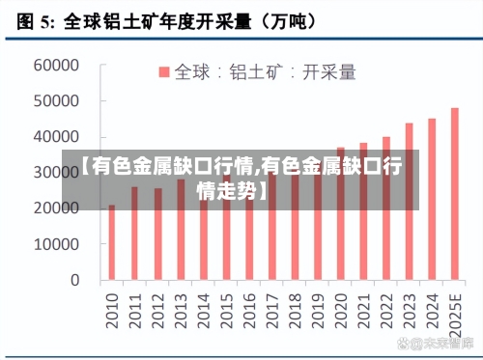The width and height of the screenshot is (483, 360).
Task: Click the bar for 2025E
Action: click(x=455, y=194)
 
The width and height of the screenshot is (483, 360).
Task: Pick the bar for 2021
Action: click(x=363, y=211)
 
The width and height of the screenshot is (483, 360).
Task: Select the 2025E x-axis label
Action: click(x=455, y=312)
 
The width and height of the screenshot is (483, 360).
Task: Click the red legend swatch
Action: click(x=164, y=71)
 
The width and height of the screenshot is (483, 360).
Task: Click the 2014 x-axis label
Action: click(x=203, y=307)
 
